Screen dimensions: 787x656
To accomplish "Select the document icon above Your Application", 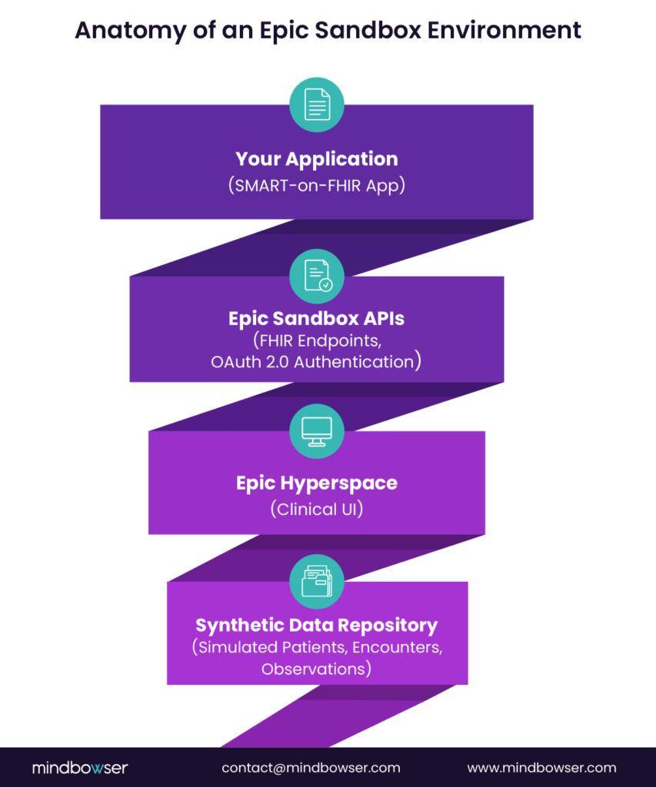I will click(316, 104).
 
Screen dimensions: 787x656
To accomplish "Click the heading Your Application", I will click(316, 159).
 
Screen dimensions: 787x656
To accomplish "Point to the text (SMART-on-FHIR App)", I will click(316, 185).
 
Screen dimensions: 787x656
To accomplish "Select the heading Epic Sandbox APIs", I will click(316, 318).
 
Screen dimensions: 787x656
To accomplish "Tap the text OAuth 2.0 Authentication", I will click(316, 361).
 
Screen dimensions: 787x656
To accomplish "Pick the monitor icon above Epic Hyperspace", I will click(316, 430).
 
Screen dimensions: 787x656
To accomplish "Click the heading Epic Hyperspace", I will click(316, 483).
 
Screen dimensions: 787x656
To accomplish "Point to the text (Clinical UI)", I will click(316, 509).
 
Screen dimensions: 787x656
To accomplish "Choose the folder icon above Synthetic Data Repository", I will click(316, 581).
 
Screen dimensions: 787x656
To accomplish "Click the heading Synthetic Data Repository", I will click(316, 625).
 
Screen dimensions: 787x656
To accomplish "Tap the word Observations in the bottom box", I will click(316, 669).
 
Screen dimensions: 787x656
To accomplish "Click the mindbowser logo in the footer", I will click(80, 768).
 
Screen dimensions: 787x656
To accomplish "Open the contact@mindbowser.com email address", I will click(311, 768).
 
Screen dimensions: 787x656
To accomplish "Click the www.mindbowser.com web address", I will click(541, 768).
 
